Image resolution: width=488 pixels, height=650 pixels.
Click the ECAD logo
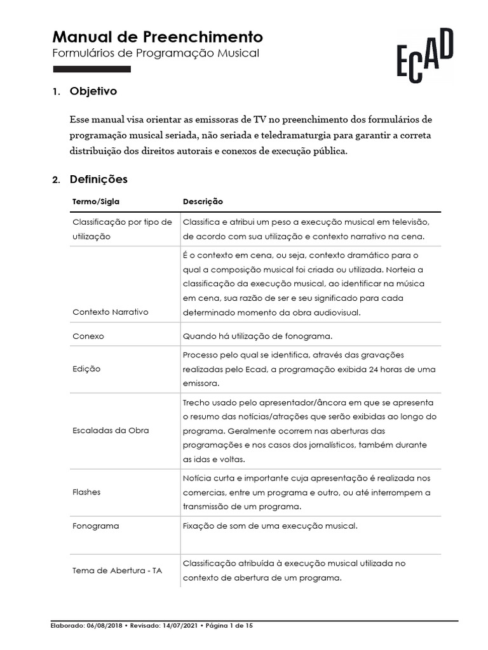click(x=425, y=55)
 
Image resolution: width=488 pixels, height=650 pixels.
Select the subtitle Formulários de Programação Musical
click(x=156, y=53)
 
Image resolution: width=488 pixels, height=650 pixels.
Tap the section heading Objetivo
click(x=93, y=91)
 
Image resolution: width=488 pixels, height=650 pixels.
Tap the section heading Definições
click(x=98, y=180)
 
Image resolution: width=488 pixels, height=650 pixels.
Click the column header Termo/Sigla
click(x=96, y=201)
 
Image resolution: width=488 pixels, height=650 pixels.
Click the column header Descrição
click(x=203, y=201)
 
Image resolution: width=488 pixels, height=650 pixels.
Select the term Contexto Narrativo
click(x=111, y=312)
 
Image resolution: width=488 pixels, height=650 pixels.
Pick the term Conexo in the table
click(x=88, y=336)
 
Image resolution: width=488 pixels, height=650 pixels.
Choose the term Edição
click(x=87, y=369)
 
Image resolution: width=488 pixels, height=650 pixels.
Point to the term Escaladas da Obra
click(x=111, y=430)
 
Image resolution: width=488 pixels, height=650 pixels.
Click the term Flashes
click(x=87, y=492)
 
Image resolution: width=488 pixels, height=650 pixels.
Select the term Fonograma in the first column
click(x=96, y=526)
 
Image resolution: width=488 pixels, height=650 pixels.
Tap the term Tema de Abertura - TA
click(x=118, y=570)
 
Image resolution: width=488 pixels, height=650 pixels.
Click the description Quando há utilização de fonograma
click(x=257, y=336)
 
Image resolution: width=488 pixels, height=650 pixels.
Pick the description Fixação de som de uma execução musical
click(x=271, y=526)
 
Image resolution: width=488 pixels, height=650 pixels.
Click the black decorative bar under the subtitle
click(x=91, y=69)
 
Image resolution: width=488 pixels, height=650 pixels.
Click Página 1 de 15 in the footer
click(x=228, y=626)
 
